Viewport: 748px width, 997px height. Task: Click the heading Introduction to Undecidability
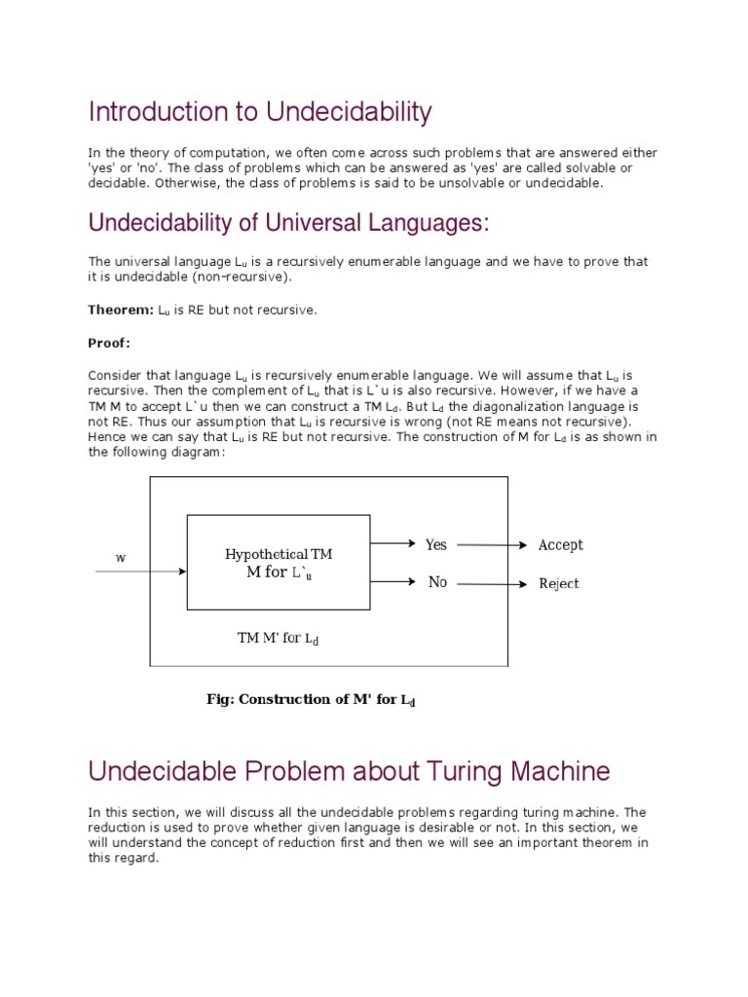[x=259, y=113]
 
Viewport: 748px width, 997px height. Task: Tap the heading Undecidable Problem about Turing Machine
[x=349, y=772]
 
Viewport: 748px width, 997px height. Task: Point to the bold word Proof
[x=109, y=343]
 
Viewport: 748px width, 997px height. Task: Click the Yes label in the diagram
[x=435, y=544]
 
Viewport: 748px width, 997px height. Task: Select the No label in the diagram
[x=437, y=582]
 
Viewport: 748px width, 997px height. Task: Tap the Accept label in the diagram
[x=561, y=545]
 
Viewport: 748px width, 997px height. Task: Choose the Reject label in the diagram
[x=559, y=584]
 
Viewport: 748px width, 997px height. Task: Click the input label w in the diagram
[x=121, y=558]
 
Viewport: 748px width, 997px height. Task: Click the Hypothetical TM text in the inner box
[x=279, y=554]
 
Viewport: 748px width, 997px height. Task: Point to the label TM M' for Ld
[x=278, y=639]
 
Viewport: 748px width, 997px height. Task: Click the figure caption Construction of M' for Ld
[x=311, y=699]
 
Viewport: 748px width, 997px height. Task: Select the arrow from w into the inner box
[x=140, y=572]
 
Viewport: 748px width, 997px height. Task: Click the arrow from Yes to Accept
[x=491, y=545]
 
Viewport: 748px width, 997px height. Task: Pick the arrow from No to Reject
[x=491, y=584]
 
